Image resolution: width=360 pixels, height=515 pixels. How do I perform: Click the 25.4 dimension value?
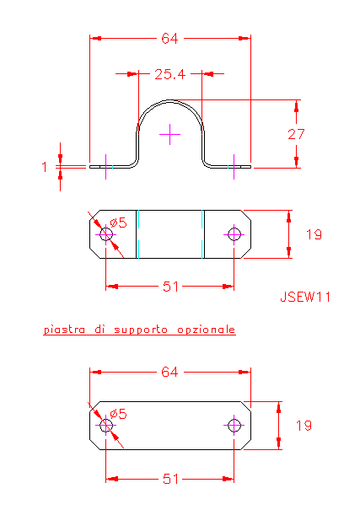point(169,74)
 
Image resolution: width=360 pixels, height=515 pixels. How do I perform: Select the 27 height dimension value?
point(296,134)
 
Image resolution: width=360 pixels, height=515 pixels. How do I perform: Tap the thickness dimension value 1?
point(45,167)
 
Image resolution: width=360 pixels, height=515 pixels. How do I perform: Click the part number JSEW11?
point(305,297)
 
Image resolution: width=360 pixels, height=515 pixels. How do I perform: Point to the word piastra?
point(64,330)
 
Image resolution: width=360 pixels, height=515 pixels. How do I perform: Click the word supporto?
point(141,330)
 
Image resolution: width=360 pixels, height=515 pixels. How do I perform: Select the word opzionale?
point(207,330)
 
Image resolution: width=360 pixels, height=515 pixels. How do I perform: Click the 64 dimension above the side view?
point(169,39)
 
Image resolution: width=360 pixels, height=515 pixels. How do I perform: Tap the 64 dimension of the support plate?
point(169,372)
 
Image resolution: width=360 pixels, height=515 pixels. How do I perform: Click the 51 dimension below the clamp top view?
point(171,287)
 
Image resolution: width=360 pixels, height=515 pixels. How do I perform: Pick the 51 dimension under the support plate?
point(171,480)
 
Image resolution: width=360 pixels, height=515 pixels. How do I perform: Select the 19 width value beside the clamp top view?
point(314,234)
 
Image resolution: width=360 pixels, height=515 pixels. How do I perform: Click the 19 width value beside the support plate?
point(304,426)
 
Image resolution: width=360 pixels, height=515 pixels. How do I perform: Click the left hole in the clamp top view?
point(105,234)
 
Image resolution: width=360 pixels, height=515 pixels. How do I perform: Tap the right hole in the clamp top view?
point(234,234)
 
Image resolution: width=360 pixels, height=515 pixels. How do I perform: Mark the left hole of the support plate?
point(105,426)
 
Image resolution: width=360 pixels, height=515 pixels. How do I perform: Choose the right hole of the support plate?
point(234,426)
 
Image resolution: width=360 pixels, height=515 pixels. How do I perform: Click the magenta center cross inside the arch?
point(169,134)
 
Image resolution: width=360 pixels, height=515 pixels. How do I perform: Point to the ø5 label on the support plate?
point(118,414)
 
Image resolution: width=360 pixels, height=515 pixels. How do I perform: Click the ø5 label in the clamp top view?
point(118,223)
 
